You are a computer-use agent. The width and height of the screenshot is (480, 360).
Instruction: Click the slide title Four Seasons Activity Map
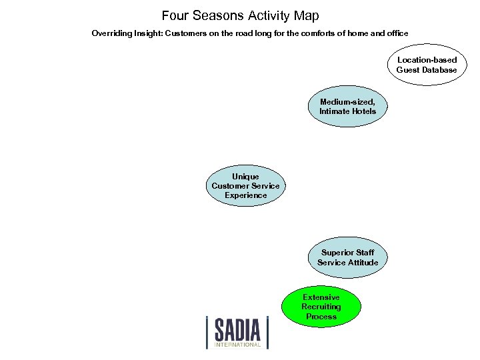240,15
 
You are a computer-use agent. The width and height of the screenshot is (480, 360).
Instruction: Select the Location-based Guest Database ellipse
427,65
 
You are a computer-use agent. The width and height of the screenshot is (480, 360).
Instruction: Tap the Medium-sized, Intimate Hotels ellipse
347,107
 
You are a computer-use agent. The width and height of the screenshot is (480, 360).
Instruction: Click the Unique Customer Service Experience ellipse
245,186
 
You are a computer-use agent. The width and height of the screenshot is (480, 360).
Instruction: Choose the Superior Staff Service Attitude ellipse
347,257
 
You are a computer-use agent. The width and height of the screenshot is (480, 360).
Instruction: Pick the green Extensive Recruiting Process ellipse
321,307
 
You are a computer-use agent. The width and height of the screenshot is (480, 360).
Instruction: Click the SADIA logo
237,331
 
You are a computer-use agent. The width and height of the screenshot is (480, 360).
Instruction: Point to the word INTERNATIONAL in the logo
237,345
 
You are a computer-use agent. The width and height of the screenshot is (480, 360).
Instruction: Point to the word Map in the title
306,15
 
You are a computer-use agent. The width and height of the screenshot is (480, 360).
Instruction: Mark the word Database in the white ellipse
438,70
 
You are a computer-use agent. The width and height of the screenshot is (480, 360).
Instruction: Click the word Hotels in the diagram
363,111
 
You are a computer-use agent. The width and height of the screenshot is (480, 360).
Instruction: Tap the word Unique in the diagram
245,177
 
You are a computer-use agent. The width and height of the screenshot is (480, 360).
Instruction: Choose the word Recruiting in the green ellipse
321,307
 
